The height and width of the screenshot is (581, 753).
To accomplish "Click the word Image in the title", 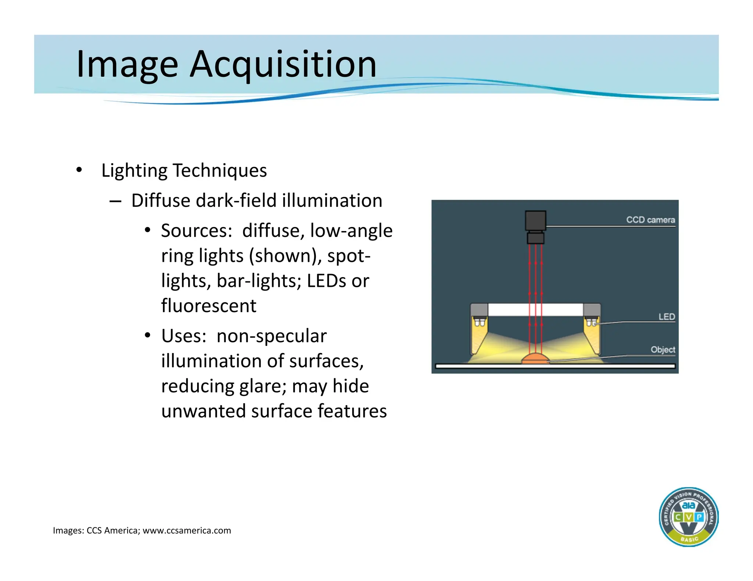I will tap(127, 65).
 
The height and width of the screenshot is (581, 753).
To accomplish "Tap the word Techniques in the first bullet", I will tap(220, 171).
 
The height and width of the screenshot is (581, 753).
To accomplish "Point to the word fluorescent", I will tap(208, 306).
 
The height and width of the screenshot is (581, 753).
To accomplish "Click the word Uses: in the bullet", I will tap(184, 336).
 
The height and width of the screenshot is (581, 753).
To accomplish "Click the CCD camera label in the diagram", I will tap(650, 220).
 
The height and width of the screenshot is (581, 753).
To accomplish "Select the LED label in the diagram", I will tap(666, 317).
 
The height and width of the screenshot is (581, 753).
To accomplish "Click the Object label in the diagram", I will tap(663, 350).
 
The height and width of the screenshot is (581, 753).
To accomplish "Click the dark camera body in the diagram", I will tap(535, 221).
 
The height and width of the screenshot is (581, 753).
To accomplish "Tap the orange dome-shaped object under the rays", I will tap(536, 358).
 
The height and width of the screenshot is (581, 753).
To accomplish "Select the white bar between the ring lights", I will tap(535, 310).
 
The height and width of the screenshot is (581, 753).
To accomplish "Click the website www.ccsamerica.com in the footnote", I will tap(187, 531).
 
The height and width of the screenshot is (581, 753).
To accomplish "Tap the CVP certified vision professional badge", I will tap(688, 517).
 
